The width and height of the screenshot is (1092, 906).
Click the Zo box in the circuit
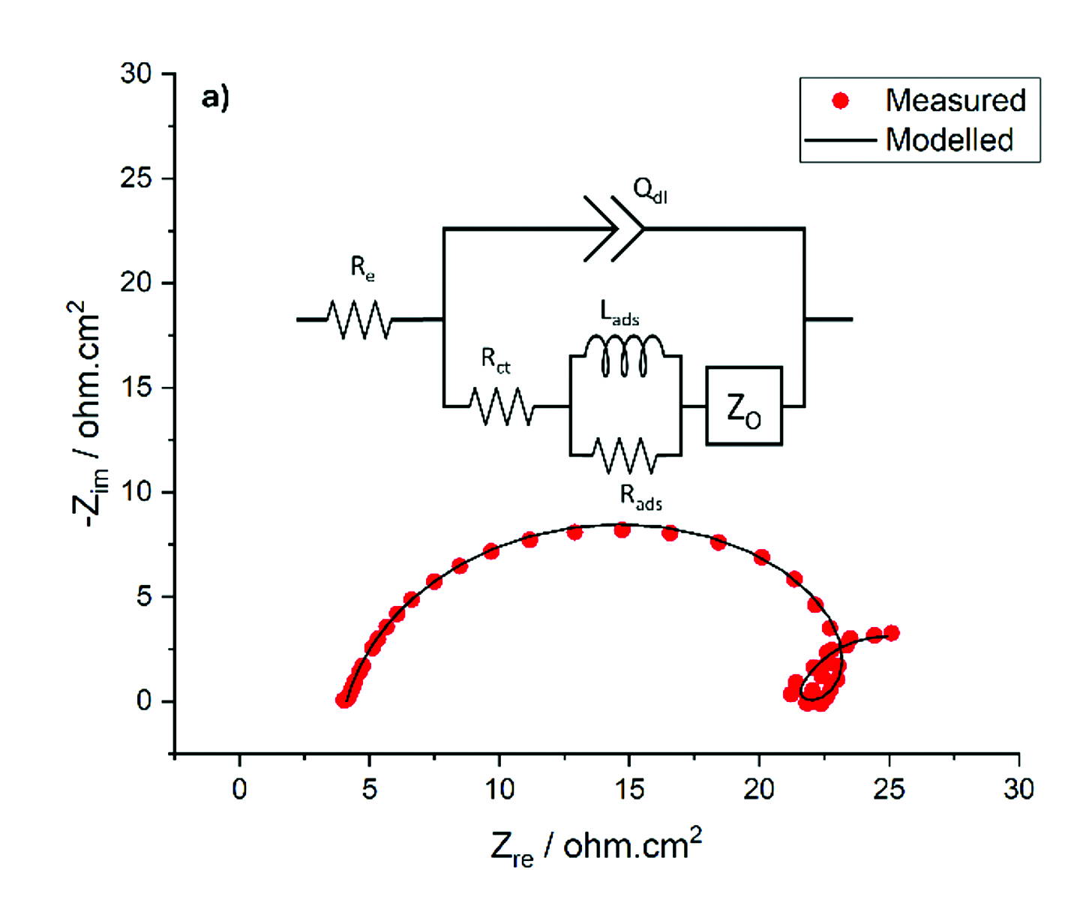(744, 406)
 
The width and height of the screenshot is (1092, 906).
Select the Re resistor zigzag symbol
(359, 319)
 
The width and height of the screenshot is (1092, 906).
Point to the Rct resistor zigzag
(501, 406)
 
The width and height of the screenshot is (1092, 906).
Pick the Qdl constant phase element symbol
(613, 229)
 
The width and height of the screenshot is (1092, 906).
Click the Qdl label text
(649, 190)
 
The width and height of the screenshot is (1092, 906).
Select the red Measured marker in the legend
(841, 100)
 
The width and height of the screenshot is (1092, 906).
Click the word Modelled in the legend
(949, 140)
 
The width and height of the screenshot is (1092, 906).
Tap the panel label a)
(215, 97)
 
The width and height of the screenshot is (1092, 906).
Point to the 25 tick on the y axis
(136, 178)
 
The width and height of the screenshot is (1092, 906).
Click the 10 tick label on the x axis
(499, 789)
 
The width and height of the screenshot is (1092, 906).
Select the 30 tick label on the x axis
(1018, 789)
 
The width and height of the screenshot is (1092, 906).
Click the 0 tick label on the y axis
(144, 701)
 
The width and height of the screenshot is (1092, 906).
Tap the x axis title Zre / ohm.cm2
(596, 847)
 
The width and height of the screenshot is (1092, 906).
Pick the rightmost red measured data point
(891, 633)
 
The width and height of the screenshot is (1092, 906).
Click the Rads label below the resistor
(640, 496)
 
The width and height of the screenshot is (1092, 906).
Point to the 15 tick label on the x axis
(629, 789)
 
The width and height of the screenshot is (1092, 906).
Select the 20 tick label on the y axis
(136, 283)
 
